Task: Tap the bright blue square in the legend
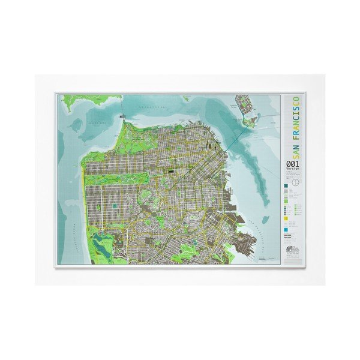(x=286, y=230)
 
